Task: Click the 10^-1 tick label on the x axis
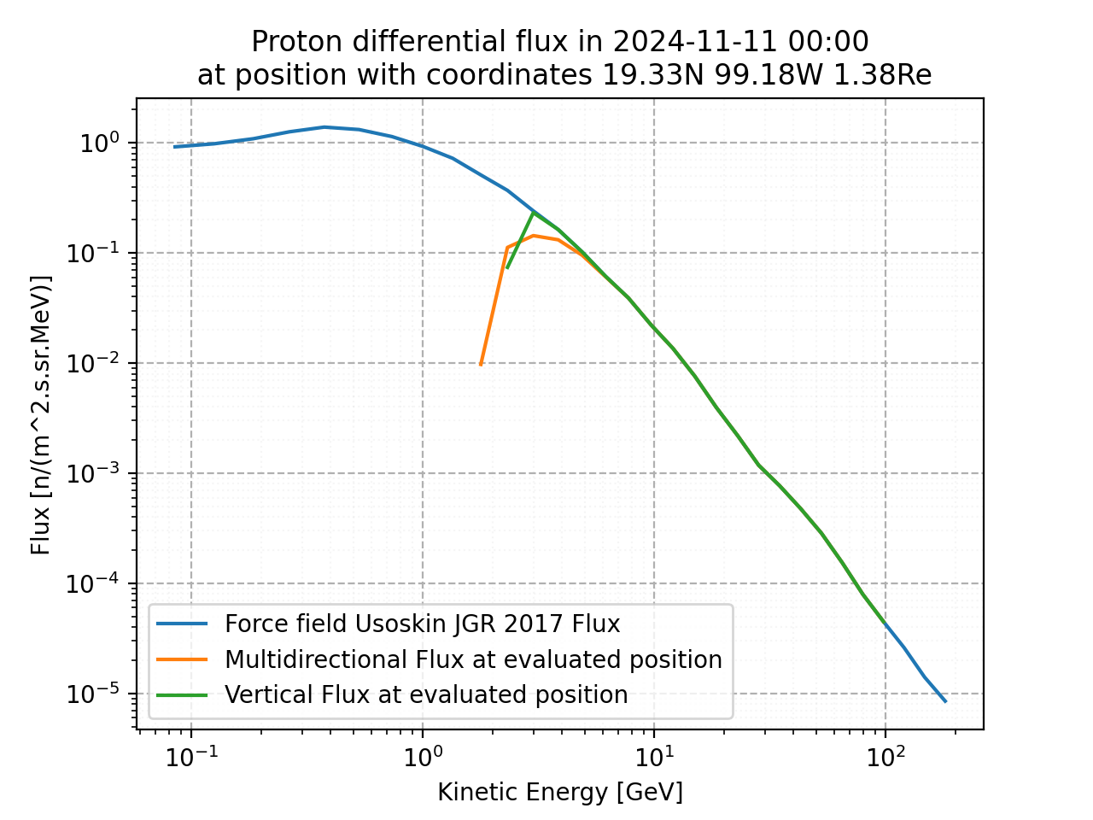(x=190, y=756)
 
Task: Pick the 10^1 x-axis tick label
(x=653, y=756)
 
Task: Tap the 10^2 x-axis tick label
(x=885, y=756)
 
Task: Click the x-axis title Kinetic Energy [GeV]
(x=560, y=793)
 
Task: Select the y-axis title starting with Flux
(x=41, y=414)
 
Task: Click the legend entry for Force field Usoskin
(x=422, y=624)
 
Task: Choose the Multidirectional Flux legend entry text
(x=473, y=659)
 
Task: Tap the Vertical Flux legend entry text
(x=426, y=694)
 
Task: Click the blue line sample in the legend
(x=182, y=624)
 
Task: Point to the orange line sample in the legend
(x=182, y=659)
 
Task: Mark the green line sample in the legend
(x=182, y=694)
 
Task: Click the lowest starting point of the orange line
(x=481, y=365)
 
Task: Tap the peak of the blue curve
(x=324, y=126)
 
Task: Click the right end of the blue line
(x=945, y=702)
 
